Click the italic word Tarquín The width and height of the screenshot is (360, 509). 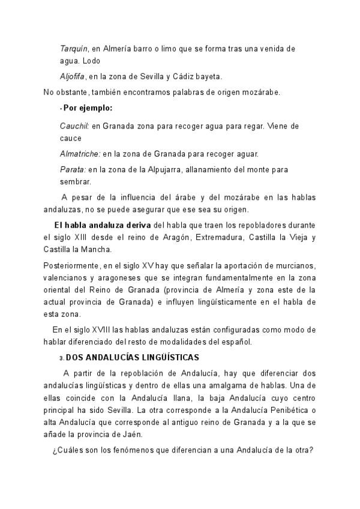(74, 49)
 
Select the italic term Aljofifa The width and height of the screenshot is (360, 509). (73, 77)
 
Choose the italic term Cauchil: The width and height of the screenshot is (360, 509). (74, 126)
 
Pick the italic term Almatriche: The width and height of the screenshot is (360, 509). (80, 154)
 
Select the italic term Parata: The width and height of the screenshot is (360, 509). (73, 170)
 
